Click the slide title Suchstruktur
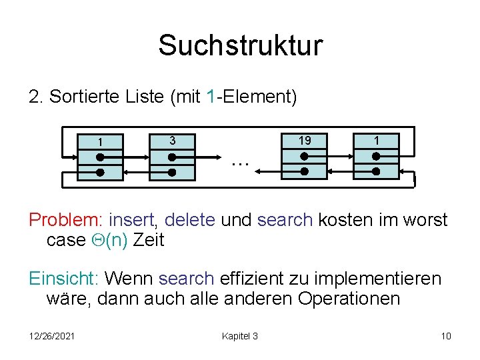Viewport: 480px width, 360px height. (240, 45)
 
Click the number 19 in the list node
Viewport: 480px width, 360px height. (304, 141)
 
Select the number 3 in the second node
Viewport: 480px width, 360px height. (172, 141)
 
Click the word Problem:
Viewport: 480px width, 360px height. (66, 220)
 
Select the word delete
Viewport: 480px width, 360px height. (189, 220)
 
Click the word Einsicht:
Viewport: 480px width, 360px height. (64, 278)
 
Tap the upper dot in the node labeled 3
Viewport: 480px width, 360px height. (172, 157)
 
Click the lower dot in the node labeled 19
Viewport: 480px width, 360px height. (304, 171)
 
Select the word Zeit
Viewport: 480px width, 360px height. (149, 240)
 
